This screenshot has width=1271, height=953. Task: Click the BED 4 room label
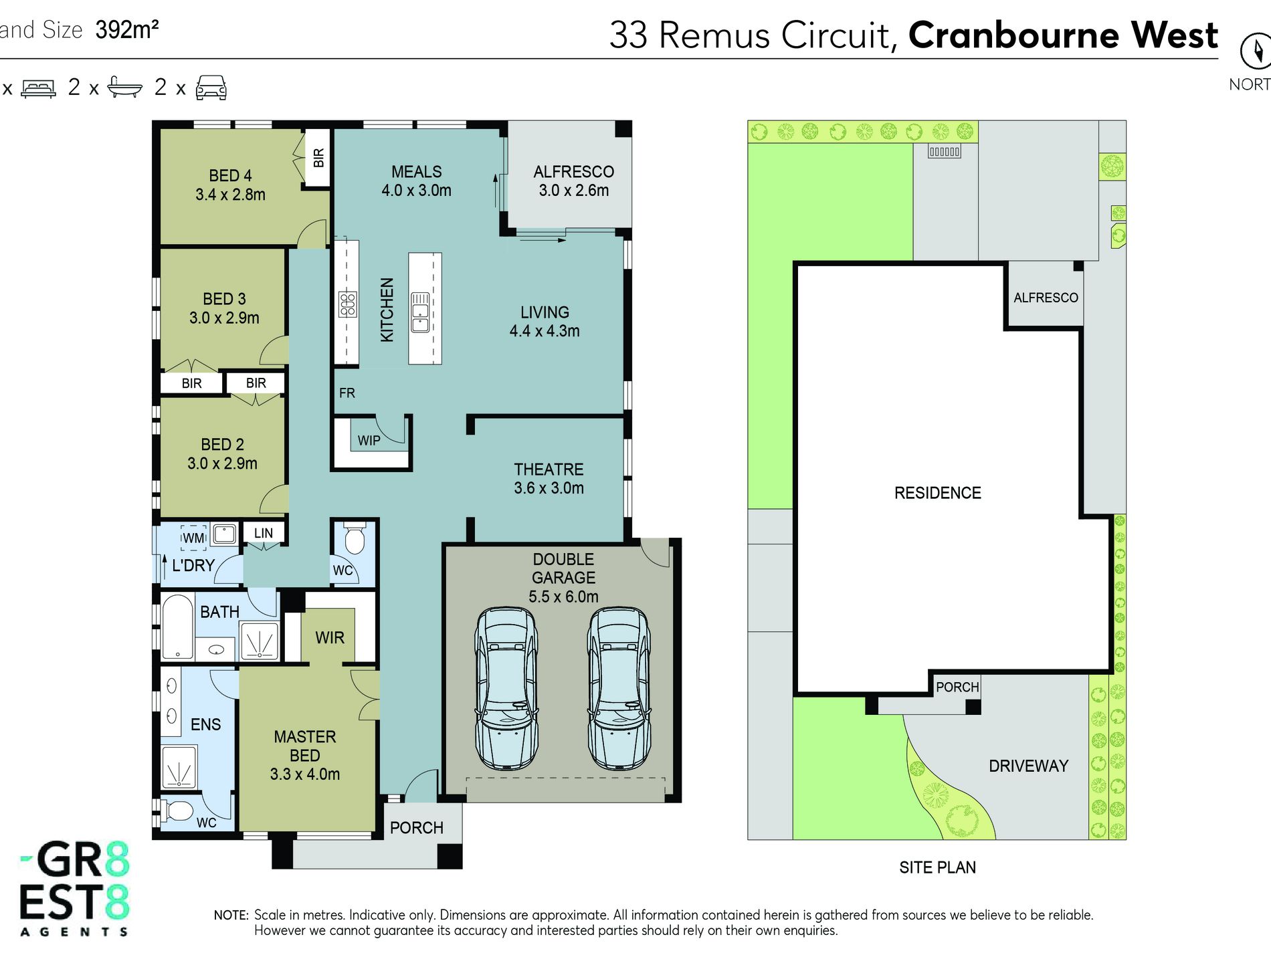tap(230, 176)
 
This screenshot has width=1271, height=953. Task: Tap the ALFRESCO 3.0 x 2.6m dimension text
tap(574, 191)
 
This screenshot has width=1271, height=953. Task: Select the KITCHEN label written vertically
tap(387, 310)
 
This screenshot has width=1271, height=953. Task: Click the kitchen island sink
tap(420, 312)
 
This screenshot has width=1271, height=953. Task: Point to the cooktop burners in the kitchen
tap(347, 304)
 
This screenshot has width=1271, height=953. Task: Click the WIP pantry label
tap(369, 441)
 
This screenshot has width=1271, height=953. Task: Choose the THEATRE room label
tap(549, 469)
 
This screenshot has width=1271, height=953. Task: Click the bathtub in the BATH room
tap(178, 627)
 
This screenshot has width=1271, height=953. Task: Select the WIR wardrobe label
tap(330, 637)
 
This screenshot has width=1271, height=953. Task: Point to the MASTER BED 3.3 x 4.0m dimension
tap(305, 774)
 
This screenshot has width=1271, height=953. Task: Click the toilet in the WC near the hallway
tap(355, 538)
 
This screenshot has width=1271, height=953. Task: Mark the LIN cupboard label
tap(264, 533)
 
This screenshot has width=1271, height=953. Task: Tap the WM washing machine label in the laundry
tap(193, 538)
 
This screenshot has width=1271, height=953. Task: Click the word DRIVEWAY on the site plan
tap(1028, 766)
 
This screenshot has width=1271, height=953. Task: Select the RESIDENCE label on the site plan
tap(938, 493)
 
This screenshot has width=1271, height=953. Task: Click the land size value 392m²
tap(127, 29)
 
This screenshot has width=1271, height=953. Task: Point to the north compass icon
tap(1256, 51)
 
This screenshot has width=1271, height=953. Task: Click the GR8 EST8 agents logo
tap(74, 888)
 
